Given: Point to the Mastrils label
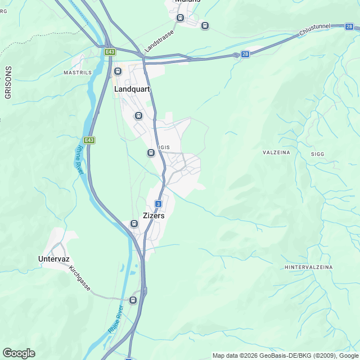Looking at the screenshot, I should click(77, 73).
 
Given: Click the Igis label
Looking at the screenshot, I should click(164, 147).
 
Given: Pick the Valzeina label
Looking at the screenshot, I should click(276, 152).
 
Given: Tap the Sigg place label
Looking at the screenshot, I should click(318, 154).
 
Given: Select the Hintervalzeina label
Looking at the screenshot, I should click(309, 267).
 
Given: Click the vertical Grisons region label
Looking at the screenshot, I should click(8, 83).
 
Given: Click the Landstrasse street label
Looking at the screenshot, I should click(160, 41).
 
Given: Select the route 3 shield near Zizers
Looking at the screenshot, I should click(159, 204).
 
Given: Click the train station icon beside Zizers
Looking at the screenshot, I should click(134, 223).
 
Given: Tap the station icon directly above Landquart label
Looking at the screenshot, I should click(118, 71).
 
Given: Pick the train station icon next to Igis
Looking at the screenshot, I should click(151, 152).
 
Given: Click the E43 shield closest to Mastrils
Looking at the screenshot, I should click(110, 52).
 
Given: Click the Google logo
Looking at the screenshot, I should click(19, 353).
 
